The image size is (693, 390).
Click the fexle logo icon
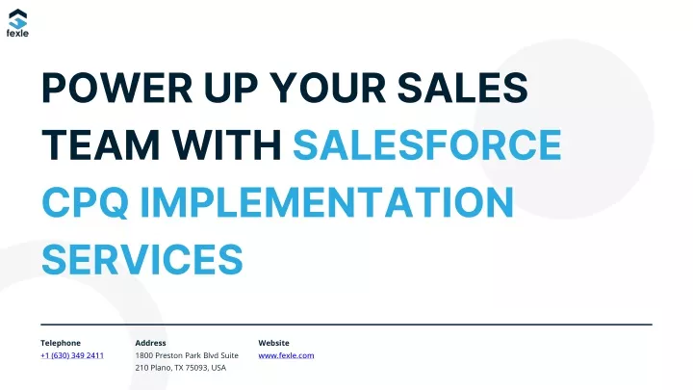point(17,18)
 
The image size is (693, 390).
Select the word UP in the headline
point(231,88)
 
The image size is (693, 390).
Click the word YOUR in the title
point(327,88)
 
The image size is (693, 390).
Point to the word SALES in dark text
point(462,88)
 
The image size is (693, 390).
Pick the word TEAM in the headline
point(101,144)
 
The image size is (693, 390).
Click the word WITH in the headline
point(227,144)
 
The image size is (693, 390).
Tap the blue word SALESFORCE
point(427,144)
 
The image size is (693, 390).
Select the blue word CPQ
point(86,202)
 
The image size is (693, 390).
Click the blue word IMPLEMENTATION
point(326,202)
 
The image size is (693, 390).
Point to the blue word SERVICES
point(142,260)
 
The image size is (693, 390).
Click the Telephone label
point(61,343)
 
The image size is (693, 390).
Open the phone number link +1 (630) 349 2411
point(72,355)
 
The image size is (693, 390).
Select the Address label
point(151,343)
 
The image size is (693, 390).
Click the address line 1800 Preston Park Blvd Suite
point(187,355)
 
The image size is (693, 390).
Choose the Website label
point(274,343)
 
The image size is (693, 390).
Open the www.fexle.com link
point(287,355)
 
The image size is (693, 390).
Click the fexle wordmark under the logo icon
point(17,33)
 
